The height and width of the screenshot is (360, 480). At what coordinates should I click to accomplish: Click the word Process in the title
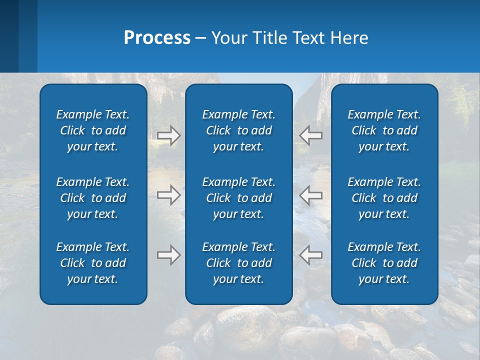157,38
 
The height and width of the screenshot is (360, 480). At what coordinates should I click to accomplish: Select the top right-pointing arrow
168,135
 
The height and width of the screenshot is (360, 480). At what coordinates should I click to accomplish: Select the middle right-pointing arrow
168,195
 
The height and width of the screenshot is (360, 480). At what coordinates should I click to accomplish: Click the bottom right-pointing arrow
168,255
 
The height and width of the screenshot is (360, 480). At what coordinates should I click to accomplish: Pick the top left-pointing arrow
311,135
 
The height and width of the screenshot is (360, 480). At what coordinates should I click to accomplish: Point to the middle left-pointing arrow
311,195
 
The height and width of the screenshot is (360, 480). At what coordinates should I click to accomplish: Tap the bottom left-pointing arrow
311,255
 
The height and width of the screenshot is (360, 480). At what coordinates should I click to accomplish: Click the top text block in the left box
93,130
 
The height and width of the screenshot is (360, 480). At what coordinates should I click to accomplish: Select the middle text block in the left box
93,198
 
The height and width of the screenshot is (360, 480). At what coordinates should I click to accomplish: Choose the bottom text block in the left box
93,263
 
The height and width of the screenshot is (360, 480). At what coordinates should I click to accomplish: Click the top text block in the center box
239,130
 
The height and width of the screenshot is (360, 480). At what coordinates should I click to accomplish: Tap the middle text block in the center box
239,198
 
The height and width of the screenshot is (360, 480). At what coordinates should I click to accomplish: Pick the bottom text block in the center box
239,263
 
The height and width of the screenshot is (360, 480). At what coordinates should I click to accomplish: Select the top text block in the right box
384,130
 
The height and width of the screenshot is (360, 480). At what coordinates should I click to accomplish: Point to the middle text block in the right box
384,198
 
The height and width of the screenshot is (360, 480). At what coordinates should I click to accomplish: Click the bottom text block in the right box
384,263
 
